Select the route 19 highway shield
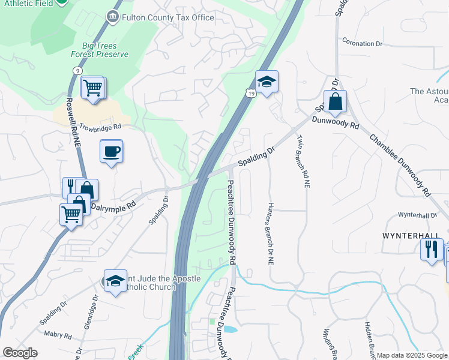click(x=250, y=93)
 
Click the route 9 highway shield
click(x=77, y=70)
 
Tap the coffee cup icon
click(x=112, y=151)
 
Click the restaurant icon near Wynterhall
click(x=432, y=249)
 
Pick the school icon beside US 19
click(x=267, y=82)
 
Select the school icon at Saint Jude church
click(x=115, y=281)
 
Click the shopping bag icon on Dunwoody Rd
click(x=335, y=102)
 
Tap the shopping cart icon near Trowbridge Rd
click(x=94, y=88)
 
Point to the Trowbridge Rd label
click(x=100, y=127)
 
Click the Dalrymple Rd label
click(x=113, y=204)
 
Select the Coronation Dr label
click(x=362, y=43)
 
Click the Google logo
click(x=20, y=353)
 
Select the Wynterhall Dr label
click(x=418, y=215)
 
